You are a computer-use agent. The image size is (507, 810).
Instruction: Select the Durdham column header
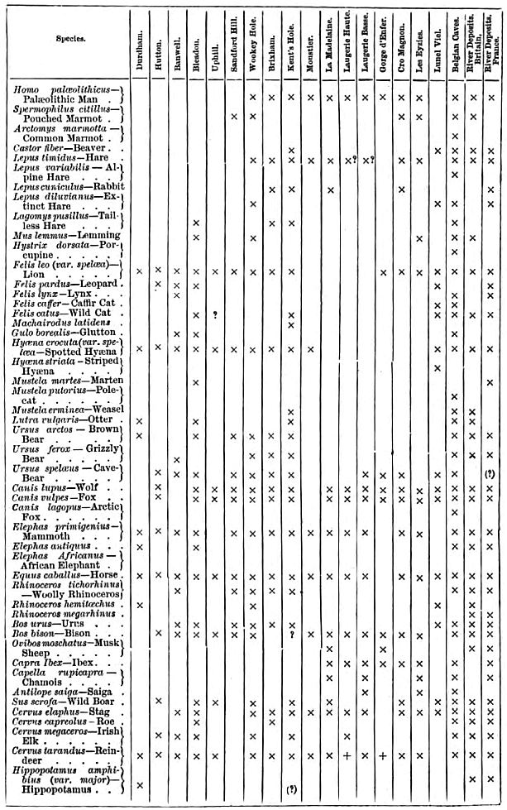pos(139,40)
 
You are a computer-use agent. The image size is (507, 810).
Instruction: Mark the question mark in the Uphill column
pos(214,314)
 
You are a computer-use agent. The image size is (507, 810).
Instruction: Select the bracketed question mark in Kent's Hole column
pos(291,788)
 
